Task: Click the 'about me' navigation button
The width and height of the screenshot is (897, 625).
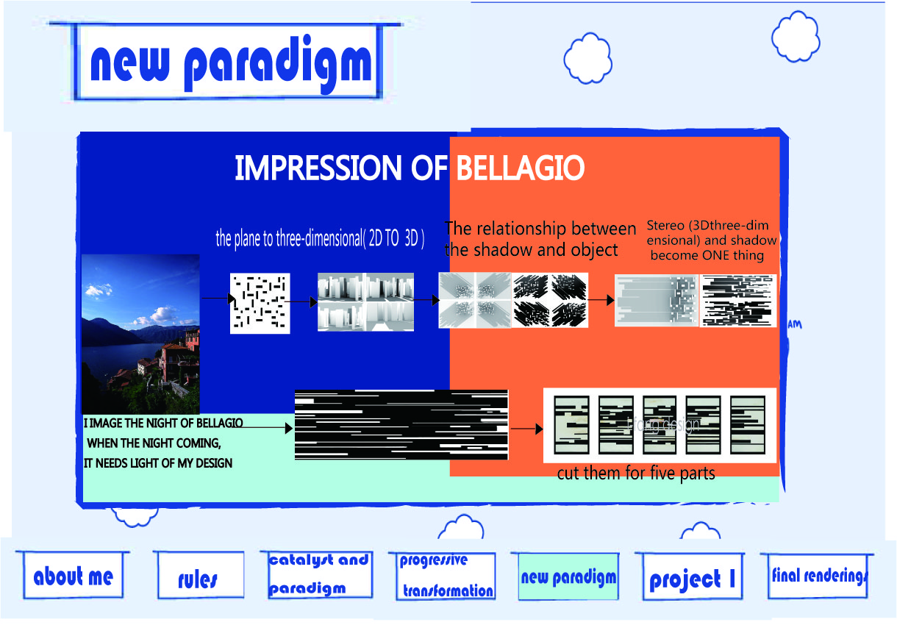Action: point(73,576)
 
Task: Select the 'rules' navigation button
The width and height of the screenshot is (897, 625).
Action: point(199,578)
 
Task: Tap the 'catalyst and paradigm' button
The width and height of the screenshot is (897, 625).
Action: point(318,574)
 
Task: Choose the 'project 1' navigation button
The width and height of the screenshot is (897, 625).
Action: point(691,579)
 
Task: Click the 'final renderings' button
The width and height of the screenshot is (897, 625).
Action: point(818,575)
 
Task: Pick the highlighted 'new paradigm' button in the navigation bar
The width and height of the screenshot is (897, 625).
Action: point(567,577)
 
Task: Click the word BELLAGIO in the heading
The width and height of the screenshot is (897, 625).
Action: point(520,168)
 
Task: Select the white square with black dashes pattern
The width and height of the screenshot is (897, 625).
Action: point(260,303)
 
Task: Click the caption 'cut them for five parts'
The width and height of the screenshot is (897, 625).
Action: point(636,473)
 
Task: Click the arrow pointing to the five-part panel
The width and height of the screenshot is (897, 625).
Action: point(526,428)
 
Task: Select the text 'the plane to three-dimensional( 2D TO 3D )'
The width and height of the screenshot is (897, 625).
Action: point(320,239)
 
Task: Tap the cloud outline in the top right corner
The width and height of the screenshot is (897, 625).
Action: point(796,37)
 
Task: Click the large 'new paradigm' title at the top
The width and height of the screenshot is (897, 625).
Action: point(230,63)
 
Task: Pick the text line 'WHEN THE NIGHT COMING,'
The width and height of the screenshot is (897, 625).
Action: point(154,443)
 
